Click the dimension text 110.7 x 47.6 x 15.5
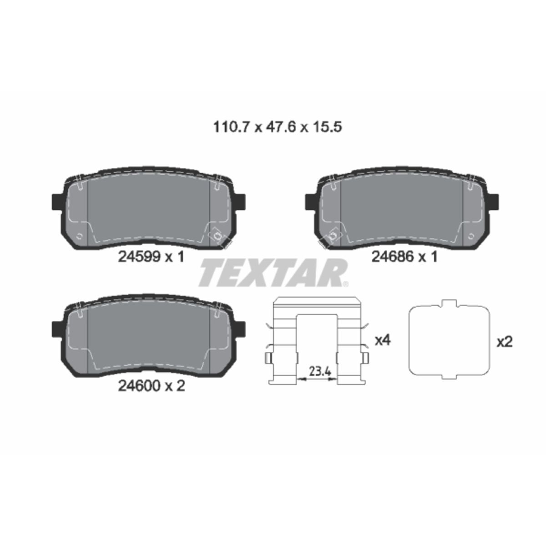point(278,127)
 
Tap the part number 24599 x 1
point(151,257)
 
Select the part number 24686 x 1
point(404,257)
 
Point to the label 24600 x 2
point(152,386)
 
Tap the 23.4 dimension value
point(320,371)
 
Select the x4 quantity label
point(383,340)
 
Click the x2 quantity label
point(505,343)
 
